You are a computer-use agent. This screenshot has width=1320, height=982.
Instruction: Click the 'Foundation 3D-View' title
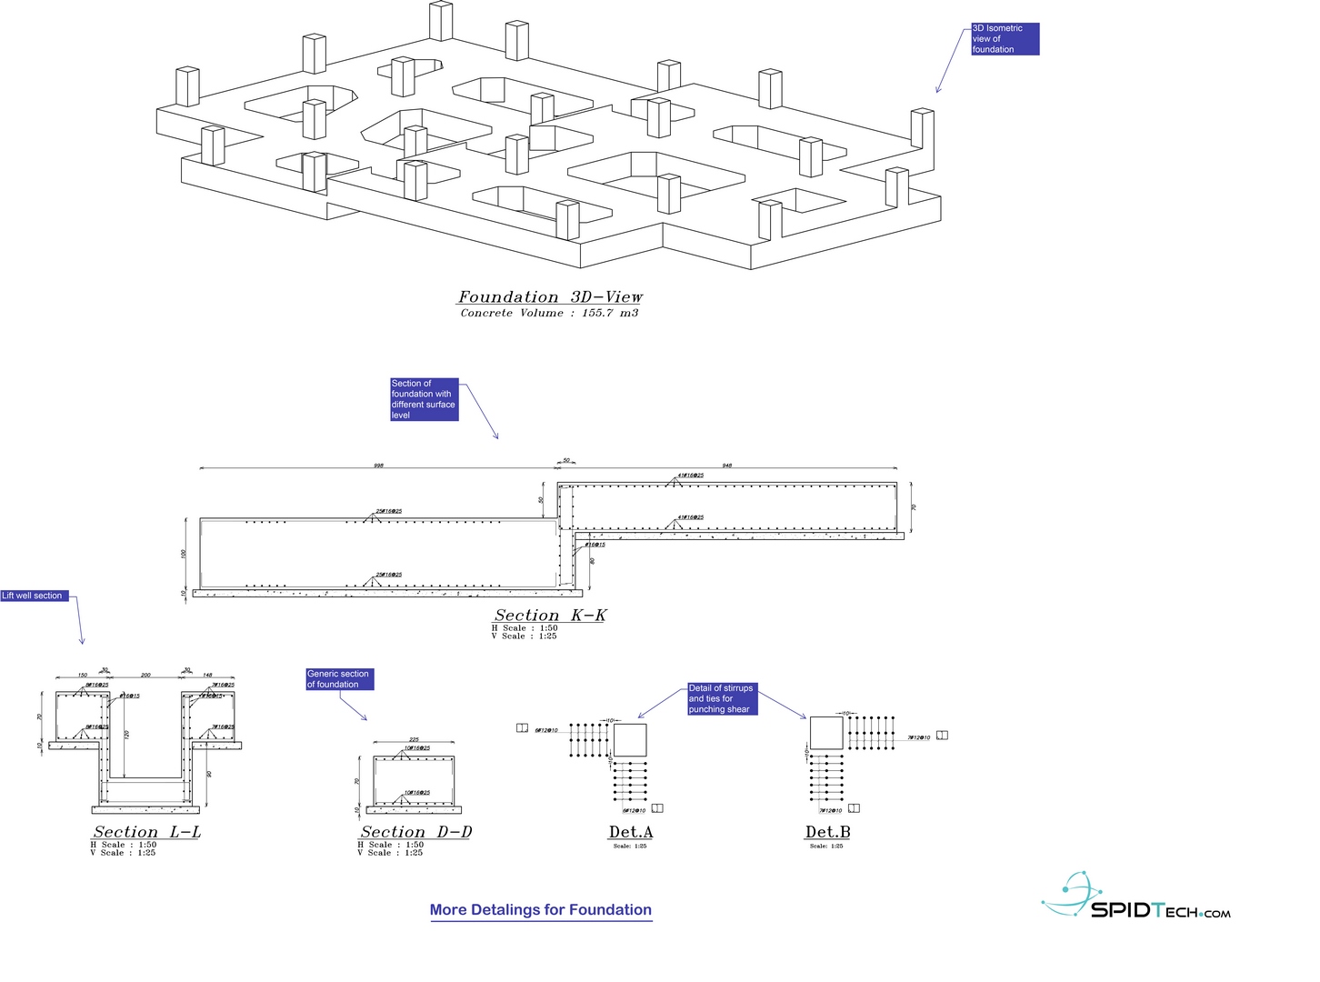tap(550, 297)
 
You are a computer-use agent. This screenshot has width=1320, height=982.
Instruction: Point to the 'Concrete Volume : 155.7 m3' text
tap(549, 313)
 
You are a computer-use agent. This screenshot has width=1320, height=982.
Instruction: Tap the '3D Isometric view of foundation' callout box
tap(1005, 39)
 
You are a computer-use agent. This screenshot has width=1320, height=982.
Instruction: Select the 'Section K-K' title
tap(550, 616)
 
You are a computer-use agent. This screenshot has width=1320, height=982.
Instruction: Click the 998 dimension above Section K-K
tap(378, 466)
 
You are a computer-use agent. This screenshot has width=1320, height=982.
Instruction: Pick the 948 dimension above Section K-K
tap(727, 466)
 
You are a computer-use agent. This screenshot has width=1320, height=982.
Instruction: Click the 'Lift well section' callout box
tap(34, 596)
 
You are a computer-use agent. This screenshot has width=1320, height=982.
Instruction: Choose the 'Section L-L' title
tap(146, 832)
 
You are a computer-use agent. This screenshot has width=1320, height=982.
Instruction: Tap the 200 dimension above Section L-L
tap(145, 676)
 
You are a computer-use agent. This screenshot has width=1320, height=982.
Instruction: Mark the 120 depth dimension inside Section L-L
tap(126, 734)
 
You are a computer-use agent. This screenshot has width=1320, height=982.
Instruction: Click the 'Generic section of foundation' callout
tap(339, 679)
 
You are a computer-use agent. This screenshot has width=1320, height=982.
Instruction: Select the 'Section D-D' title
tap(415, 832)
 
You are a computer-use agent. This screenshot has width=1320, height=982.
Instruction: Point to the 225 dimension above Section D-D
tap(414, 740)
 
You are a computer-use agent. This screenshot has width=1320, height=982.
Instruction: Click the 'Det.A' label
tap(631, 832)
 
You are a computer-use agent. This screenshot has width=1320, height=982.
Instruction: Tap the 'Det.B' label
tap(827, 832)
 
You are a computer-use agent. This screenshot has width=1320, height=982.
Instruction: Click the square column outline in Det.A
tap(629, 740)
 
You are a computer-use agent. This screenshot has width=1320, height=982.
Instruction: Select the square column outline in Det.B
tap(826, 733)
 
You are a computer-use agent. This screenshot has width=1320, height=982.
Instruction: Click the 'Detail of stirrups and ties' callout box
tap(722, 699)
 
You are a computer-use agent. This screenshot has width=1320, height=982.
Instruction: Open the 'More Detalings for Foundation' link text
tap(541, 910)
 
